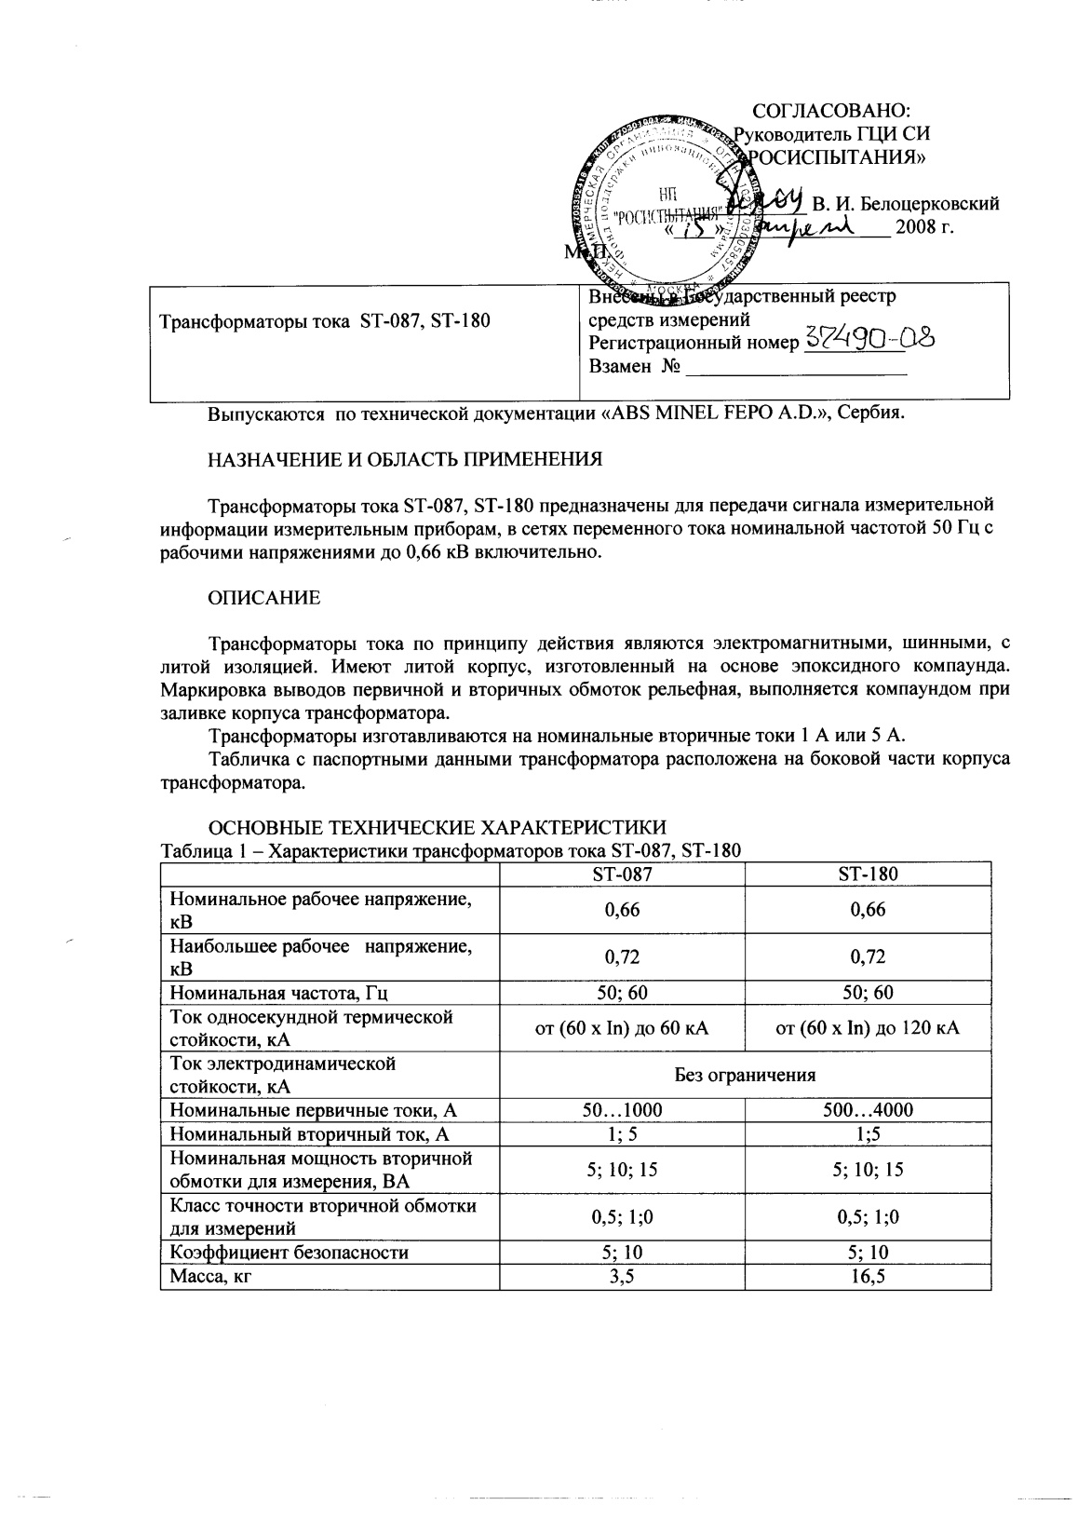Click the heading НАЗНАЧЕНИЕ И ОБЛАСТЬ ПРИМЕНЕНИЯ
403,459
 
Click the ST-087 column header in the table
622,874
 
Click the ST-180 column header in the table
868,874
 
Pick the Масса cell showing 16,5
868,1277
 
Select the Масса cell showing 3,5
622,1277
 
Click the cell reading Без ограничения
745,1075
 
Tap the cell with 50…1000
622,1109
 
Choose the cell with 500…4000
868,1109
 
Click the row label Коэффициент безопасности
289,1253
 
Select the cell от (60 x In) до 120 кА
868,1028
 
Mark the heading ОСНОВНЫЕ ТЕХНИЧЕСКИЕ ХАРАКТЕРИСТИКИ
436,828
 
